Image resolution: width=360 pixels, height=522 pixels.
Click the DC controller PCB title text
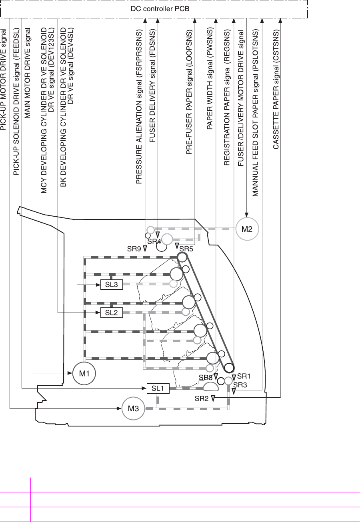(x=155, y=8)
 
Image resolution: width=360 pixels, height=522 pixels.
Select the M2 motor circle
(x=247, y=229)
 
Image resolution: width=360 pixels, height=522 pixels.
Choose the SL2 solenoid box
(x=111, y=313)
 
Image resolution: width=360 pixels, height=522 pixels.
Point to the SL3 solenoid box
(x=111, y=285)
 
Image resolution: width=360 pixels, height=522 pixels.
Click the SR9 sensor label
(x=134, y=248)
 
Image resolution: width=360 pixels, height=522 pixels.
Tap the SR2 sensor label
(x=202, y=398)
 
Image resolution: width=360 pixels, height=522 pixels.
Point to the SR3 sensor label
(x=240, y=385)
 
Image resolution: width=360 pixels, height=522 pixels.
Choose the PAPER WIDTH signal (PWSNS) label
(x=209, y=86)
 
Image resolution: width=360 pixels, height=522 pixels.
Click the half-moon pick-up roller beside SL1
(x=210, y=387)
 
